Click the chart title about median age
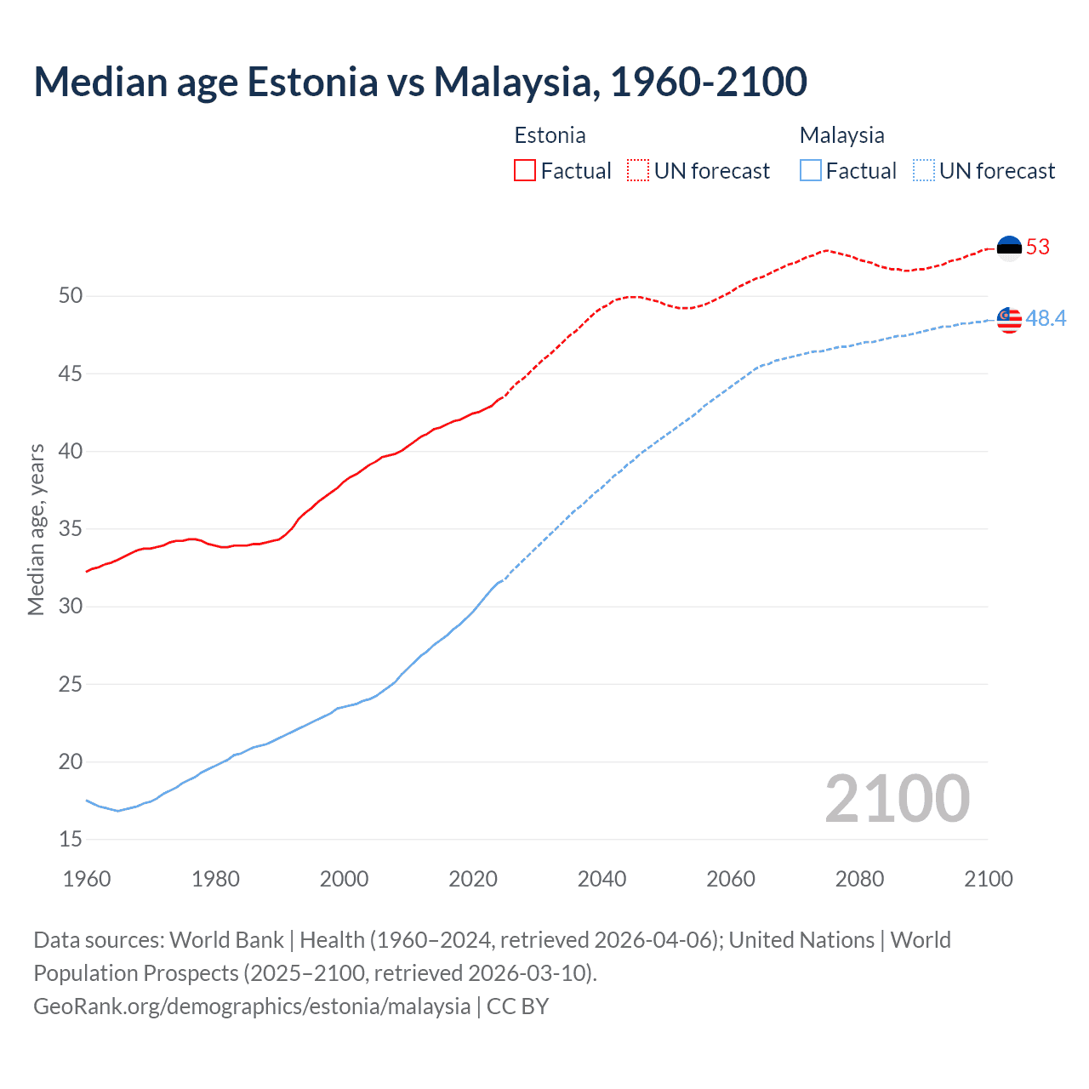(420, 82)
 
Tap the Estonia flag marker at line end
(1009, 248)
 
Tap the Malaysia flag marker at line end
(1009, 319)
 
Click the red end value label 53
(1038, 248)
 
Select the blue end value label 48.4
(1046, 319)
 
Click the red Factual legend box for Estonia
(525, 171)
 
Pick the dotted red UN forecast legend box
(638, 171)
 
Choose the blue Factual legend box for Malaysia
(811, 171)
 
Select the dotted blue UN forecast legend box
(924, 171)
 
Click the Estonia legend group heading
(550, 135)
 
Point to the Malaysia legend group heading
(841, 135)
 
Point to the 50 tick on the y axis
(71, 296)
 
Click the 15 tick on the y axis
(71, 840)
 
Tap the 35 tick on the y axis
(71, 529)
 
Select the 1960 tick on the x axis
(87, 879)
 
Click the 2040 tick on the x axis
(602, 879)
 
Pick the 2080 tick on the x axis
(859, 879)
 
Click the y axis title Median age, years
(36, 529)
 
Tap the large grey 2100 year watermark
(898, 799)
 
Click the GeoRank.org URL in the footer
(252, 1006)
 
